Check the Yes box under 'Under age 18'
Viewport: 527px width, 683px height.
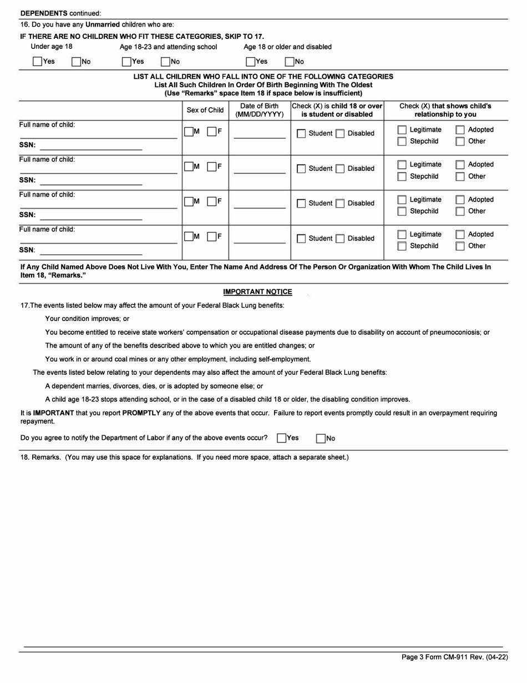tap(37, 62)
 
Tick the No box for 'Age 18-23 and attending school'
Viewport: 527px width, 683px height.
tap(165, 62)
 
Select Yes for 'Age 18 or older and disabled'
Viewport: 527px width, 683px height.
tap(251, 62)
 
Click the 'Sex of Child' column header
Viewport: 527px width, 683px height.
tap(205, 110)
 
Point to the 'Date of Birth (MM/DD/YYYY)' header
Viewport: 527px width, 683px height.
tap(260, 110)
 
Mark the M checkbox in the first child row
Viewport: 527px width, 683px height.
tap(189, 132)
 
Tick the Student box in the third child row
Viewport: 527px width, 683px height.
tap(301, 204)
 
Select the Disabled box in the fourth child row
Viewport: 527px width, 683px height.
tap(340, 239)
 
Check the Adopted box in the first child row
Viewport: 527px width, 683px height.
tap(460, 130)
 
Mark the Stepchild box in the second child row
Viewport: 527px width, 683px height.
tap(402, 177)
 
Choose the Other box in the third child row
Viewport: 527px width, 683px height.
tap(460, 212)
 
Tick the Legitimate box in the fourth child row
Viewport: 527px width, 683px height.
tap(402, 234)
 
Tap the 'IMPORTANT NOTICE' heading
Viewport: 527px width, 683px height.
tap(257, 292)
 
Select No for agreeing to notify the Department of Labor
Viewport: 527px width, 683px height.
tap(321, 439)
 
